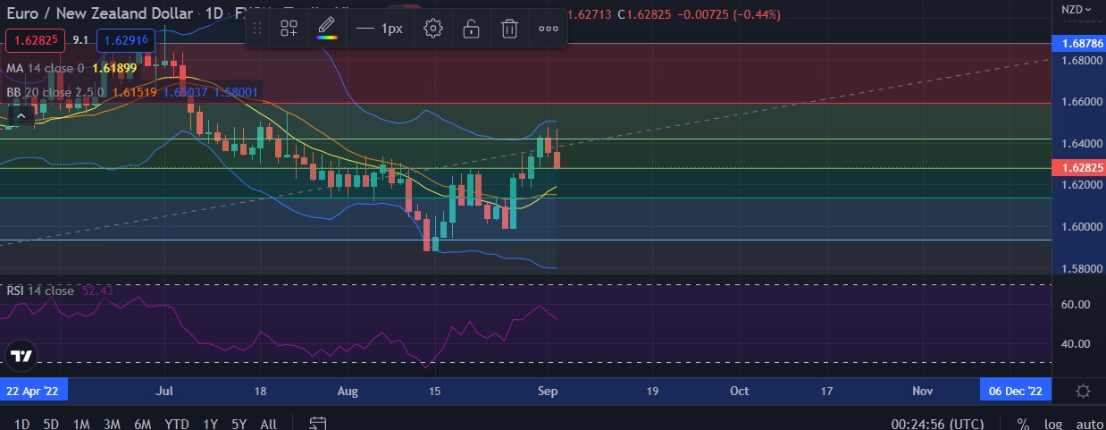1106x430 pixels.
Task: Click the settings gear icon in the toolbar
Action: (433, 29)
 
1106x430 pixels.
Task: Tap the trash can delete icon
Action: (509, 29)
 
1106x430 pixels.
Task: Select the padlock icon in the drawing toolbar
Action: (471, 29)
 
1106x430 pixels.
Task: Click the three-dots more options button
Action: (549, 29)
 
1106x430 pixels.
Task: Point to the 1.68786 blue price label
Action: (1078, 43)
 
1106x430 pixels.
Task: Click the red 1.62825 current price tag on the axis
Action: (1078, 167)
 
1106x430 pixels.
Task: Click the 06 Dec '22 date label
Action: (1016, 391)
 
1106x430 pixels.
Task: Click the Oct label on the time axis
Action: (739, 391)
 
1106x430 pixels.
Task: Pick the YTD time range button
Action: (177, 424)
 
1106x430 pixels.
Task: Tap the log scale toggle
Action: (1054, 424)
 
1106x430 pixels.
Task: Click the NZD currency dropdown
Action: (1076, 10)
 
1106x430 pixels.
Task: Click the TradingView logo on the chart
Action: (21, 356)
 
